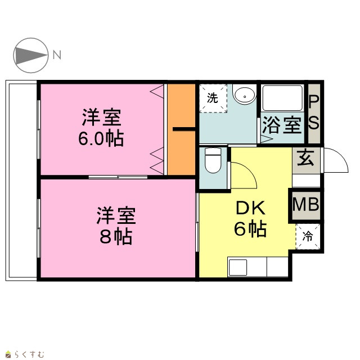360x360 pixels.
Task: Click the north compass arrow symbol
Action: pos(31,55)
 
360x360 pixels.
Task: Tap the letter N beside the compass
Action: pos(57,55)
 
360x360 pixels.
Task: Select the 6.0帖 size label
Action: pos(101,139)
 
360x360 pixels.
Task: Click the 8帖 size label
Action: pos(116,236)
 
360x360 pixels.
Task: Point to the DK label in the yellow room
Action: pos(250,208)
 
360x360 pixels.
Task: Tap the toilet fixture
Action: pos(213,160)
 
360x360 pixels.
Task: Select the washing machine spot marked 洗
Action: pos(213,98)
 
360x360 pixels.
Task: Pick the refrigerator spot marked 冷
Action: pos(308,236)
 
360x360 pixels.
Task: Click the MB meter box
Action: pos(306,205)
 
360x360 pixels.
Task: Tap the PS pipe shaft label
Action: pos(314,112)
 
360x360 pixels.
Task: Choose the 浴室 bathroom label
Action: pos(282,125)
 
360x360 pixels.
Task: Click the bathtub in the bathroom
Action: pos(282,98)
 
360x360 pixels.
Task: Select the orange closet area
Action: pos(181,129)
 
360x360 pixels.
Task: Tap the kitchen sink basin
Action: pos(237,268)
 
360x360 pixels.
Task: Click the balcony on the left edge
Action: pos(21,181)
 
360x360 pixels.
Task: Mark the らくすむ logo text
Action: pos(29,354)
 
